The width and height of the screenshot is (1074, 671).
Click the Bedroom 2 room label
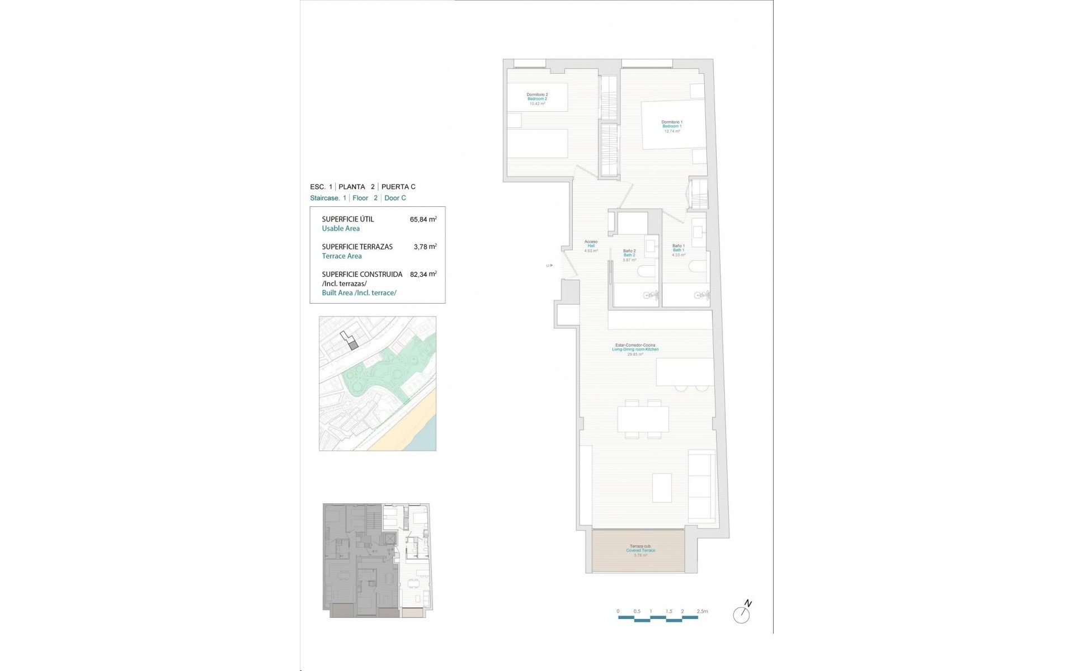pos(537,99)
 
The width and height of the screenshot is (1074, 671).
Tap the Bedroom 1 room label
pos(672,126)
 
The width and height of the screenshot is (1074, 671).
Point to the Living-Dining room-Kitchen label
pos(635,349)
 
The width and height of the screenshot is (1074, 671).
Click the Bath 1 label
pos(679,250)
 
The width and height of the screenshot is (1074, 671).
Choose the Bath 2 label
pos(629,255)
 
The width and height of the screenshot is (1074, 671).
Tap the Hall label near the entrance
pos(591,246)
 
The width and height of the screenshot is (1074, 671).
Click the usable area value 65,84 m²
pos(423,220)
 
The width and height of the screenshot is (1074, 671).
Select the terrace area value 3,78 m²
pos(425,247)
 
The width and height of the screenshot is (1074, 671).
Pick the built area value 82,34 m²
pos(423,275)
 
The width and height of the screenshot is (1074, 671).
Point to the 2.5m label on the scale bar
pos(702,611)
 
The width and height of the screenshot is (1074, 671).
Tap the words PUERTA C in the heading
pos(398,187)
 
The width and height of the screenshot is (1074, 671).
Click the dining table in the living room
pos(643,419)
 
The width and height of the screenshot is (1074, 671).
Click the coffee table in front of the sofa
pos(662,488)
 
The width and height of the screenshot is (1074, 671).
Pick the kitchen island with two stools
pos(685,372)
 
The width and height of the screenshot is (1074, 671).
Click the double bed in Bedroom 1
pos(673,125)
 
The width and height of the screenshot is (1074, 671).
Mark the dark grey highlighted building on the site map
pos(353,346)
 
